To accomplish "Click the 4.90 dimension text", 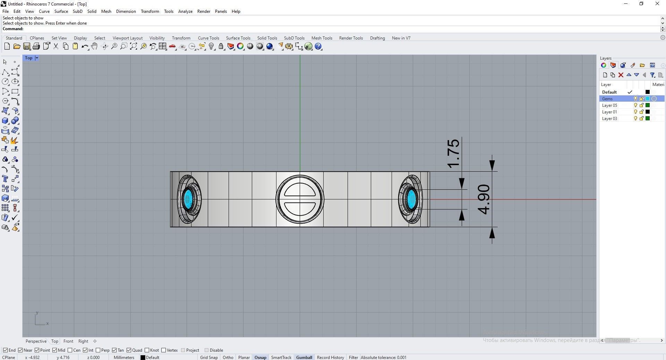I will (484, 199).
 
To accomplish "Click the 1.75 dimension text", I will (454, 154).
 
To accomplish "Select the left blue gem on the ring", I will (188, 199).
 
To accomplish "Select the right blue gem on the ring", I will (411, 199).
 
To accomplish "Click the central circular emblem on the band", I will (300, 199).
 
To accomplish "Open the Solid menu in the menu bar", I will (92, 11).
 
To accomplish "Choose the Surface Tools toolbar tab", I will (238, 38).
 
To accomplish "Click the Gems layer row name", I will (607, 99).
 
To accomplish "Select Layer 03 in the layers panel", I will (609, 119).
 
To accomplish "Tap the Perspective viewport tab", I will (36, 341).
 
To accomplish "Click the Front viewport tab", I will (68, 341).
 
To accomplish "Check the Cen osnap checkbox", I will (70, 350).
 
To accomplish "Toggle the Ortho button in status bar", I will (228, 358).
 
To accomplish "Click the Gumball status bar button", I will (304, 358).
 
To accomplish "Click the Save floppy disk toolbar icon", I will (26, 46).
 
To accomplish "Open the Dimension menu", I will (126, 11).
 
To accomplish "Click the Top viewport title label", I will (28, 58).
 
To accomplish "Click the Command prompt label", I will (13, 29).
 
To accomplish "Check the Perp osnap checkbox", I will (98, 350).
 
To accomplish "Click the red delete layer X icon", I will (621, 75).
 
